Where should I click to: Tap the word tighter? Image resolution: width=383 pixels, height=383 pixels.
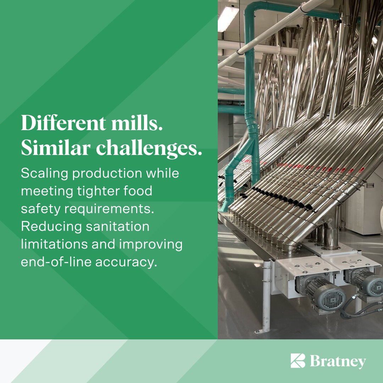(x=99, y=191)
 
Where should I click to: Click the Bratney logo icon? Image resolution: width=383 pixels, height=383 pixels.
(x=298, y=361)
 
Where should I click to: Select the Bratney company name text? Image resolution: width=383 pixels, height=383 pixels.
(x=338, y=361)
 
